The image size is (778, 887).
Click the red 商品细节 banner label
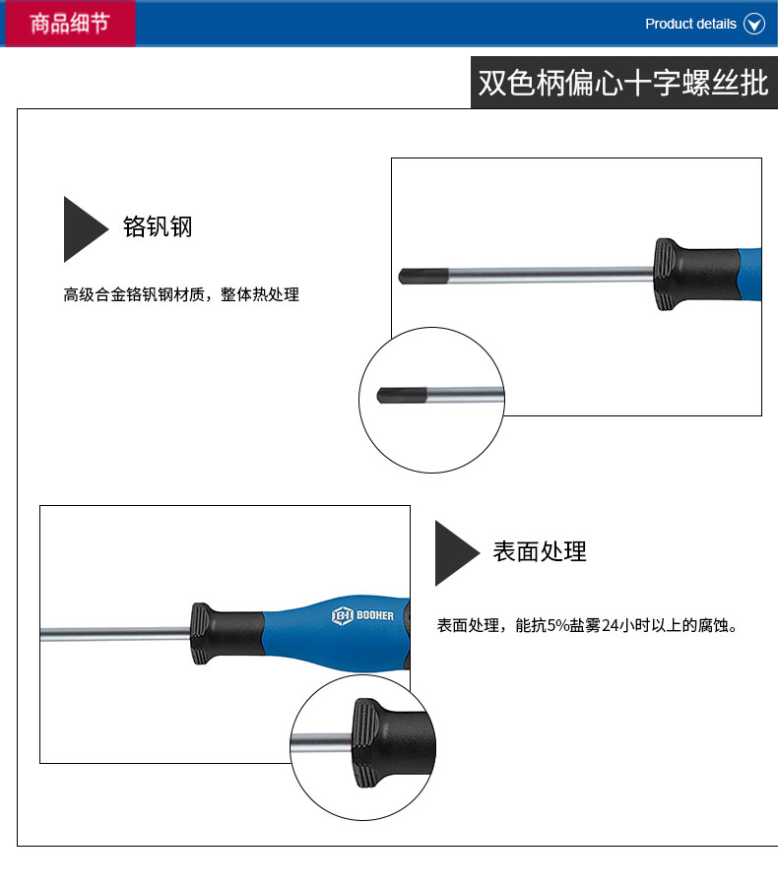pos(69,24)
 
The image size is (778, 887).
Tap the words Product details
pos(690,24)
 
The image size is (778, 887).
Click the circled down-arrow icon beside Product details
pos(753,24)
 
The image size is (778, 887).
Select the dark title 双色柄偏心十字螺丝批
pos(623,83)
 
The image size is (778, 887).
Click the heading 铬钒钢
pos(158,226)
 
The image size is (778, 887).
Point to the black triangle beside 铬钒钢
pos(82,229)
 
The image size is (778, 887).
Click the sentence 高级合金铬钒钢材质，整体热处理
pos(181,294)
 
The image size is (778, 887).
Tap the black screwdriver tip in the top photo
pos(423,276)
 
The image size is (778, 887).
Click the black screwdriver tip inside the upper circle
pos(402,395)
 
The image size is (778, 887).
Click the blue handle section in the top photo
pos(750,275)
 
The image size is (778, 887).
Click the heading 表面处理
pos(540,551)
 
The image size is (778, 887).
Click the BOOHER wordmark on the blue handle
pos(375,615)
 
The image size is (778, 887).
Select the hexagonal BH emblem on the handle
pos(343,615)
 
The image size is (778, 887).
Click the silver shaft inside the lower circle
pos(321,742)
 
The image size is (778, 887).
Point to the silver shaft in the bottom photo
pos(115,634)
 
